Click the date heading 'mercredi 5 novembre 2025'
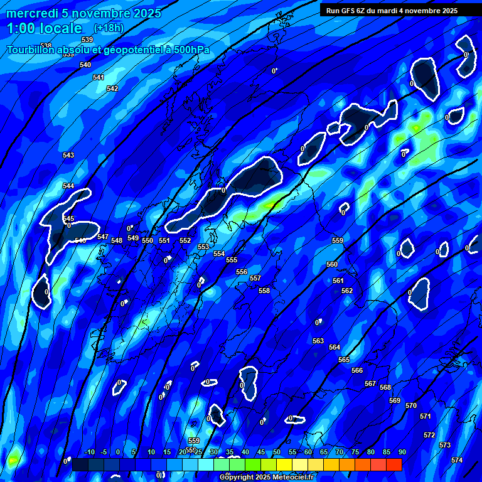(83, 13)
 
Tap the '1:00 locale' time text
(45, 28)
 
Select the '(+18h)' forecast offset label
(109, 28)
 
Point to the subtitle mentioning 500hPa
(109, 50)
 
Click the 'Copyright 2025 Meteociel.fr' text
(267, 477)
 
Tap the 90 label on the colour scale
(402, 452)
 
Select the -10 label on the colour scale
(89, 452)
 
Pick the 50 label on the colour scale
(277, 452)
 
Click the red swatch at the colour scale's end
(394, 464)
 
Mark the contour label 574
(457, 460)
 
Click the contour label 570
(411, 405)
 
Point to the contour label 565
(344, 360)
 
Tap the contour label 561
(338, 281)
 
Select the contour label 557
(255, 278)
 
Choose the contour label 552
(185, 240)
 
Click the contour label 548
(117, 240)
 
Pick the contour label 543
(68, 155)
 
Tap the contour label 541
(99, 77)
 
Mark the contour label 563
(318, 341)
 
